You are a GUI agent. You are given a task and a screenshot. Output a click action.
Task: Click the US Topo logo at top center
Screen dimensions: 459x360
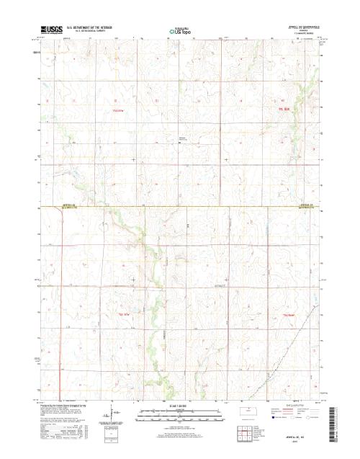point(179,31)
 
